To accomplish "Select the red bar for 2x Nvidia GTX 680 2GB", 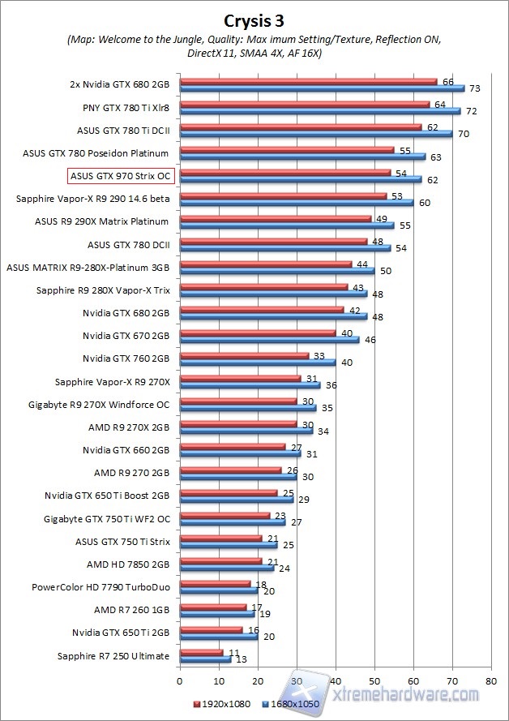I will click(308, 81).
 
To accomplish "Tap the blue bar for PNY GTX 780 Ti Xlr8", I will click(319, 111).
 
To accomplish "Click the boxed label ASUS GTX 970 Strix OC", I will click(122, 174).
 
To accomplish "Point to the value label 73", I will click(474, 88).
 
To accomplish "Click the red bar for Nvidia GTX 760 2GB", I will click(243, 355).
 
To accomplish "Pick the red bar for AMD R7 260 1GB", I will click(212, 606).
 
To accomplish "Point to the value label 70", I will click(463, 134).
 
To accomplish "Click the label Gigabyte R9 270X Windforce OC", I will click(99, 403).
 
